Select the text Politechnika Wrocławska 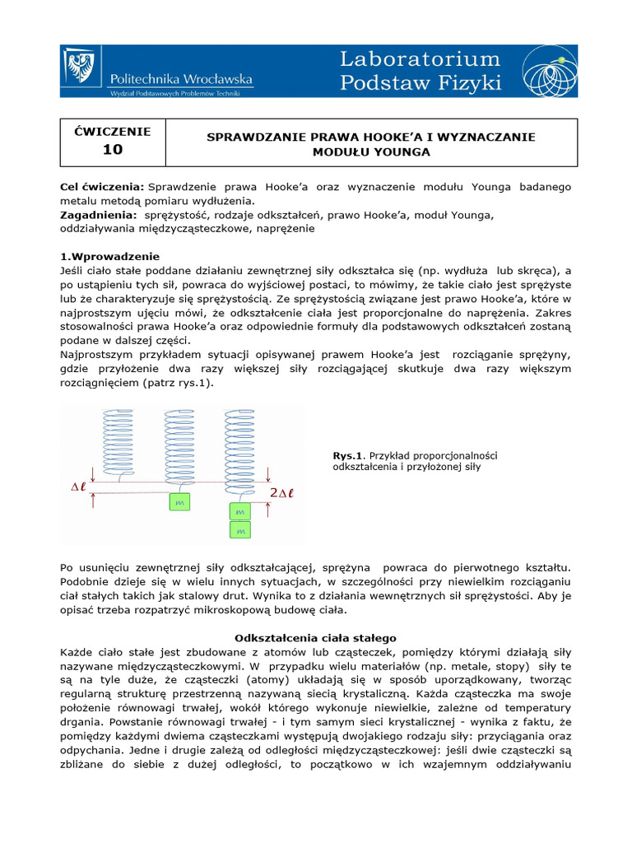tap(181, 78)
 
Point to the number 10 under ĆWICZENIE tap(112, 150)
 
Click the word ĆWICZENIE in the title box tap(112, 131)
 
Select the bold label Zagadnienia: tap(95, 215)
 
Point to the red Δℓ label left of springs tap(80, 487)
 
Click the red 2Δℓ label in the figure tap(281, 492)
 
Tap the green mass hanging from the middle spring tap(179, 501)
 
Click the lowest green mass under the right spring tap(240, 532)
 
